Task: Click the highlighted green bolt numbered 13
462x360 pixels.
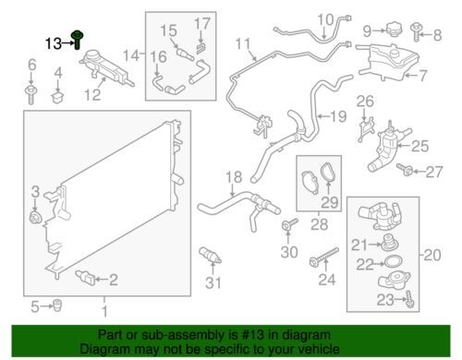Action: coord(77,40)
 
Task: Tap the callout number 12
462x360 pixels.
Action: coord(92,94)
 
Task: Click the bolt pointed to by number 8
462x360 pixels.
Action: coord(416,32)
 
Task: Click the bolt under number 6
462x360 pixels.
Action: coord(30,95)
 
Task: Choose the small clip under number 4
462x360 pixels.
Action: coord(57,96)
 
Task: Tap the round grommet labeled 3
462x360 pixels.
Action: coord(34,218)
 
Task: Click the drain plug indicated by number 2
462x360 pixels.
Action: coord(86,277)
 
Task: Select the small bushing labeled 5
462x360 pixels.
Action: coord(57,306)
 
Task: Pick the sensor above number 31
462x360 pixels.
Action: coord(210,255)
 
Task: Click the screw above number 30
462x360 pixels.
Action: coord(290,224)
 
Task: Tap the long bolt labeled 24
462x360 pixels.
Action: coord(324,258)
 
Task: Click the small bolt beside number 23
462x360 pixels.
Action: coord(410,299)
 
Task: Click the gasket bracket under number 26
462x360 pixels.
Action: coord(366,130)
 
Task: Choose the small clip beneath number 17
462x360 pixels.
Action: coord(201,49)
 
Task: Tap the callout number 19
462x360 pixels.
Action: coord(339,116)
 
